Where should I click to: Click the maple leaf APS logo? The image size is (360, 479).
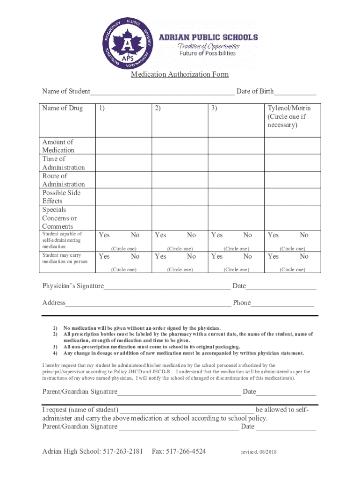pyautogui.click(x=128, y=44)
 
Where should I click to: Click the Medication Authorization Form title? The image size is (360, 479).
pyautogui.click(x=180, y=75)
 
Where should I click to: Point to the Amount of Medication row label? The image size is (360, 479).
pyautogui.click(x=58, y=146)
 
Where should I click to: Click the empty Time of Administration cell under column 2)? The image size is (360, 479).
pyautogui.click(x=180, y=163)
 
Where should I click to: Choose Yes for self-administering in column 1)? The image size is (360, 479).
pyautogui.click(x=104, y=235)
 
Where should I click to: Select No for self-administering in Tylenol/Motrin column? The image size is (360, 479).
pyautogui.click(x=304, y=235)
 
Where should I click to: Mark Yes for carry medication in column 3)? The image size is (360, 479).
pyautogui.click(x=217, y=256)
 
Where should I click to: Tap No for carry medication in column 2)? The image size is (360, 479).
pyautogui.click(x=191, y=256)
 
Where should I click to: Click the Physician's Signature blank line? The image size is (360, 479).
pyautogui.click(x=167, y=287)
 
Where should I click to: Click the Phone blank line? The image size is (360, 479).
pyautogui.click(x=282, y=304)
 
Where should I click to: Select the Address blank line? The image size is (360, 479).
pyautogui.click(x=148, y=304)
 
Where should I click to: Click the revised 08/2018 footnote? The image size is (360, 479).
pyautogui.click(x=259, y=452)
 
